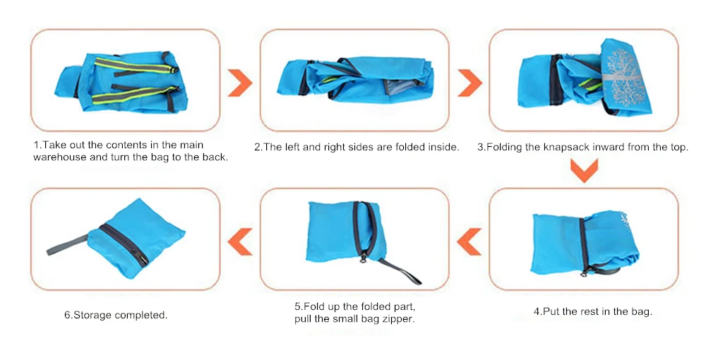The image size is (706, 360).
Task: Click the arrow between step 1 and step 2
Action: (240, 83)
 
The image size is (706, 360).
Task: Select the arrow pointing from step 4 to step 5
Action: (469, 241)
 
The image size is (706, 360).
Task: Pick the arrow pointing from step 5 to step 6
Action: (240, 241)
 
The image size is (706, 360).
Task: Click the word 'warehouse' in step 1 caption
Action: (60, 157)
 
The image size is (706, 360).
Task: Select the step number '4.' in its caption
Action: (538, 311)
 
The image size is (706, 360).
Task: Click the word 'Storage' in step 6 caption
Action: (92, 315)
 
